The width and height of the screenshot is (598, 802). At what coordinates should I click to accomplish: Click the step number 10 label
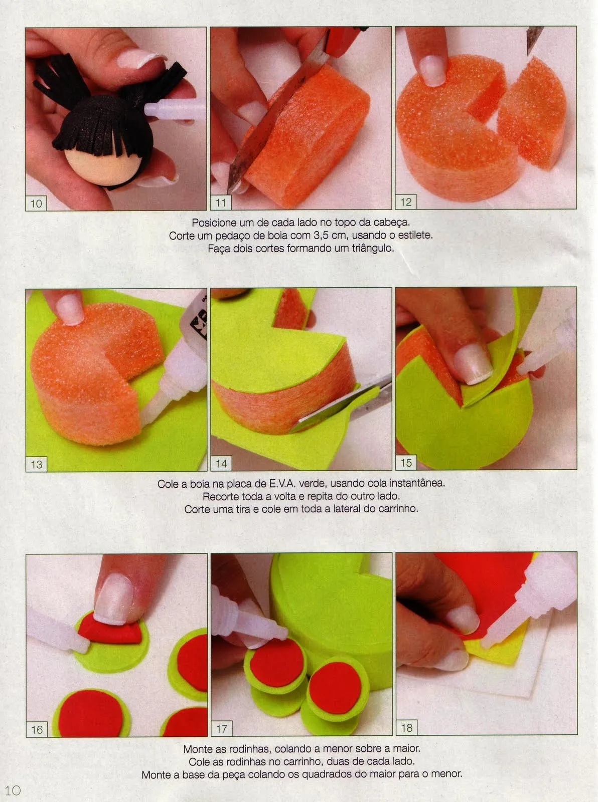pyautogui.click(x=36, y=203)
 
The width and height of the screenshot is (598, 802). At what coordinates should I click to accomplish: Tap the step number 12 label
pyautogui.click(x=405, y=202)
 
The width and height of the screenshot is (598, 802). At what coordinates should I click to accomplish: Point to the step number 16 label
pyautogui.click(x=37, y=729)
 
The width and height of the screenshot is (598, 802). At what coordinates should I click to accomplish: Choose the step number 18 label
pyautogui.click(x=406, y=727)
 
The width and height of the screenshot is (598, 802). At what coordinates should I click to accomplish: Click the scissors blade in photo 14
pyautogui.click(x=321, y=417)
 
